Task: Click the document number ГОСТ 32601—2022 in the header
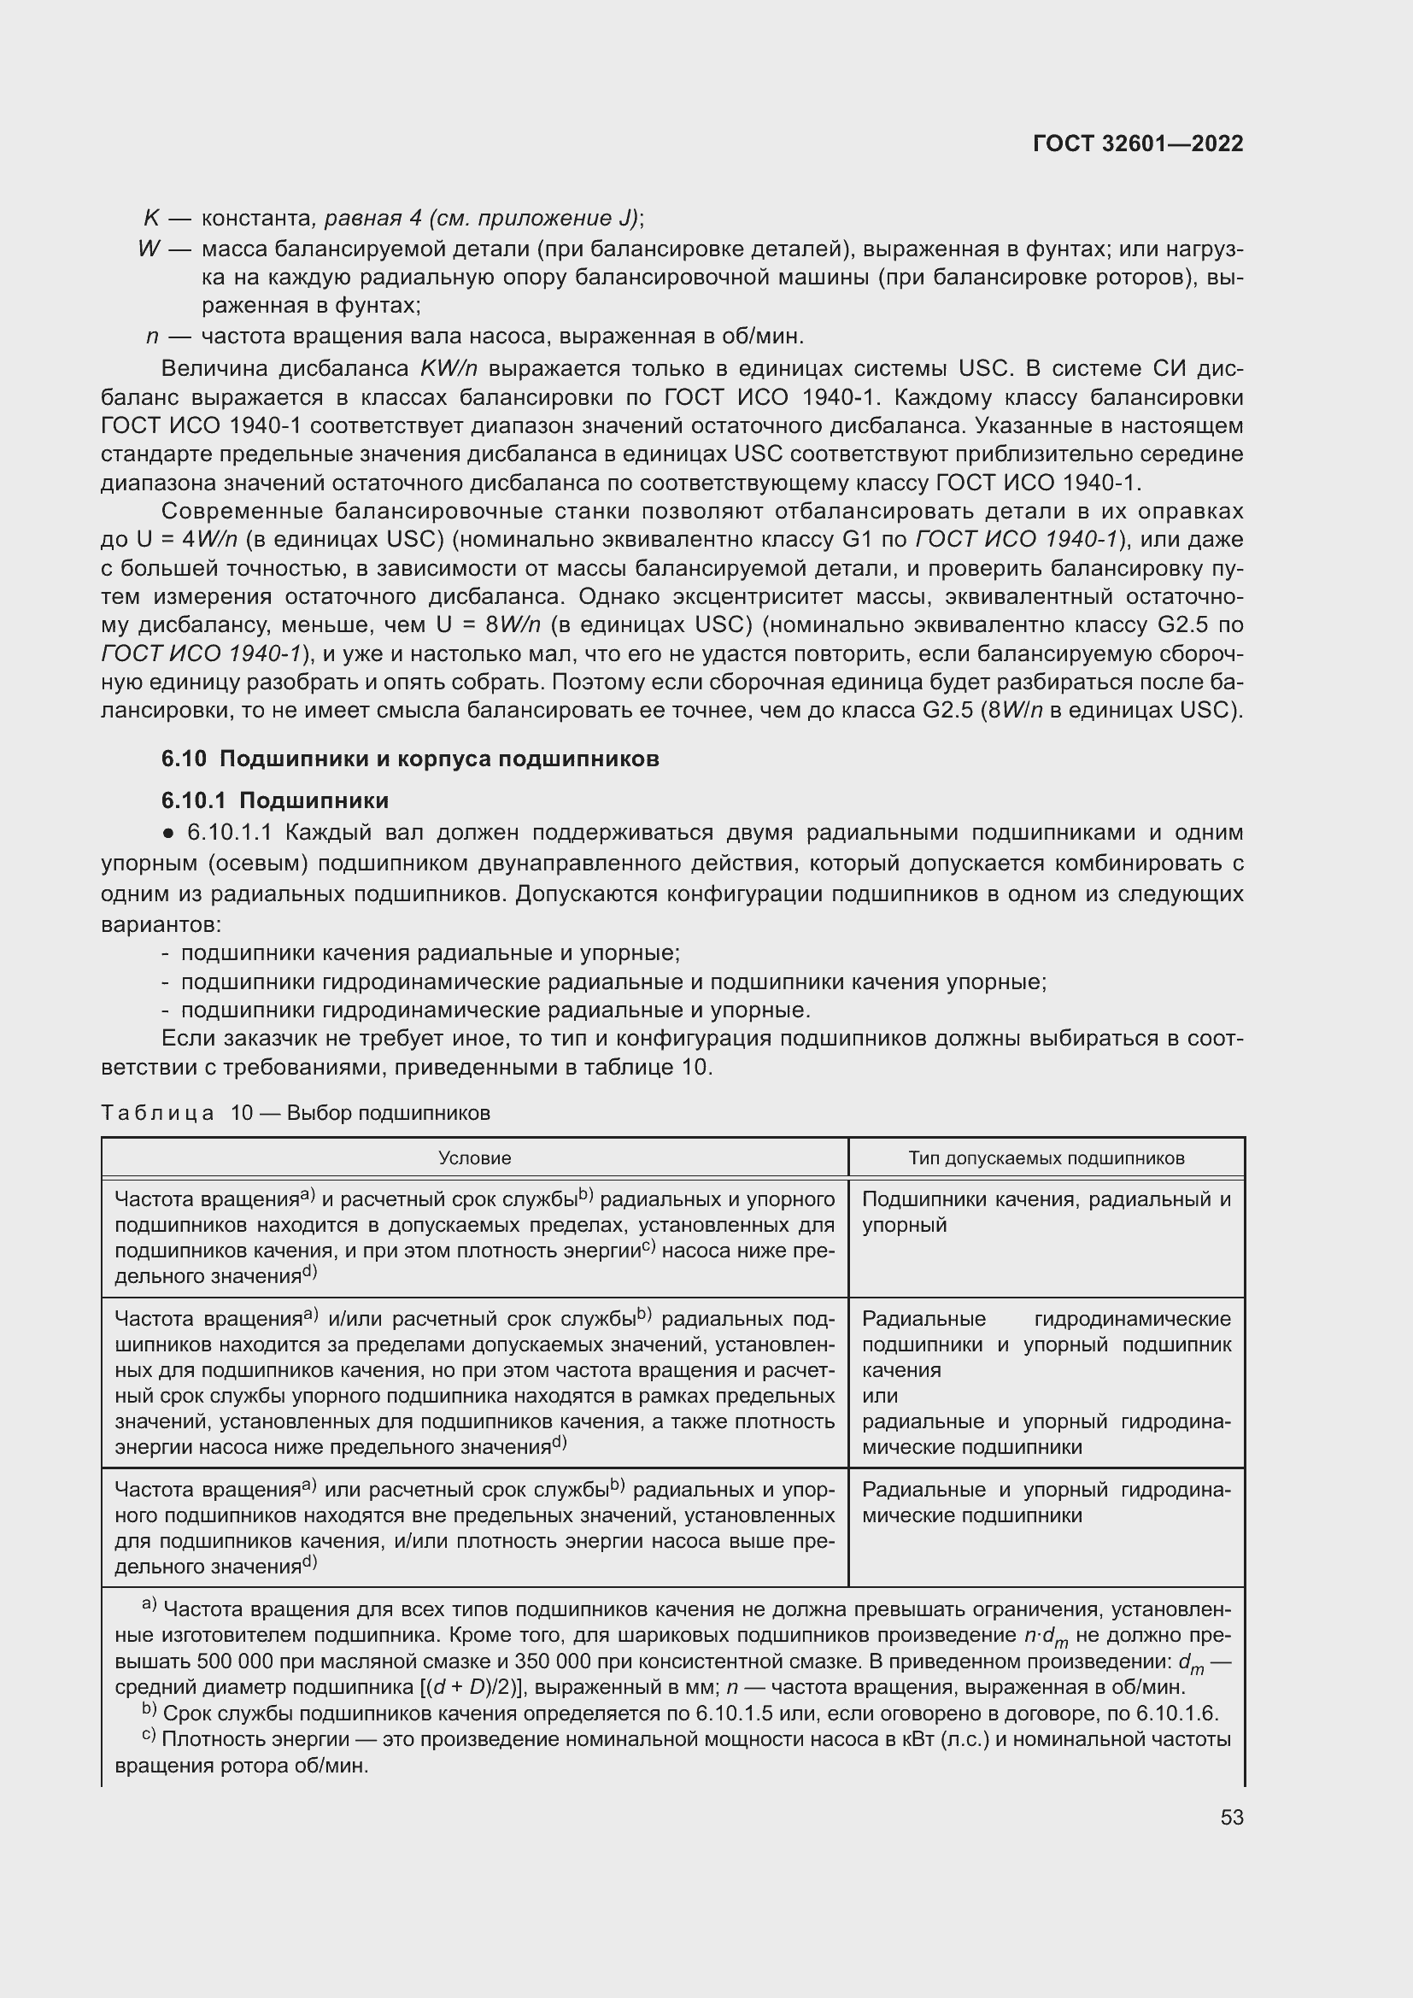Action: pyautogui.click(x=1137, y=144)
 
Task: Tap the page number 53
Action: pyautogui.click(x=1231, y=1817)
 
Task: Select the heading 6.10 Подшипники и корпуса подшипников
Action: pyautogui.click(x=410, y=759)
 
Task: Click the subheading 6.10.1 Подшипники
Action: pyautogui.click(x=275, y=800)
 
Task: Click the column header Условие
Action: pyautogui.click(x=474, y=1158)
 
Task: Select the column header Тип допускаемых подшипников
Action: pyautogui.click(x=1046, y=1158)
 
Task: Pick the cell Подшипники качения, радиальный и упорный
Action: pyautogui.click(x=1046, y=1211)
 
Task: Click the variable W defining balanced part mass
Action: pyautogui.click(x=149, y=249)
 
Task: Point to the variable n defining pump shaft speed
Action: pyautogui.click(x=151, y=336)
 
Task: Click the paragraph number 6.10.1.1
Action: pyautogui.click(x=230, y=833)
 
